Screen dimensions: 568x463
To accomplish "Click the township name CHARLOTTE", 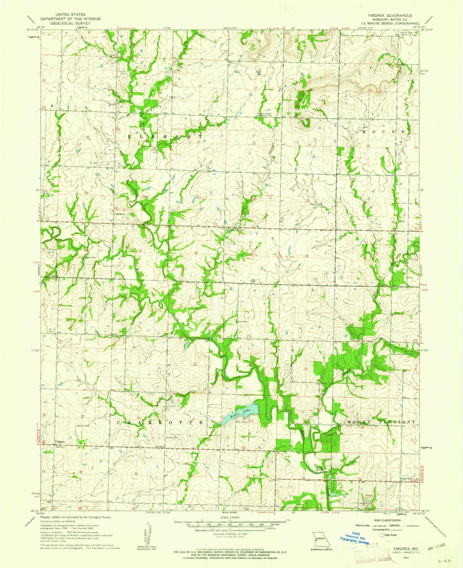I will [x=160, y=422].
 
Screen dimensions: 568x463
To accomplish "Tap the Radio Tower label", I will [x=82, y=426].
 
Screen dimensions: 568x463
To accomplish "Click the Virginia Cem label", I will [x=172, y=437].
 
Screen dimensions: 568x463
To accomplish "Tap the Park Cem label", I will [x=242, y=322].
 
